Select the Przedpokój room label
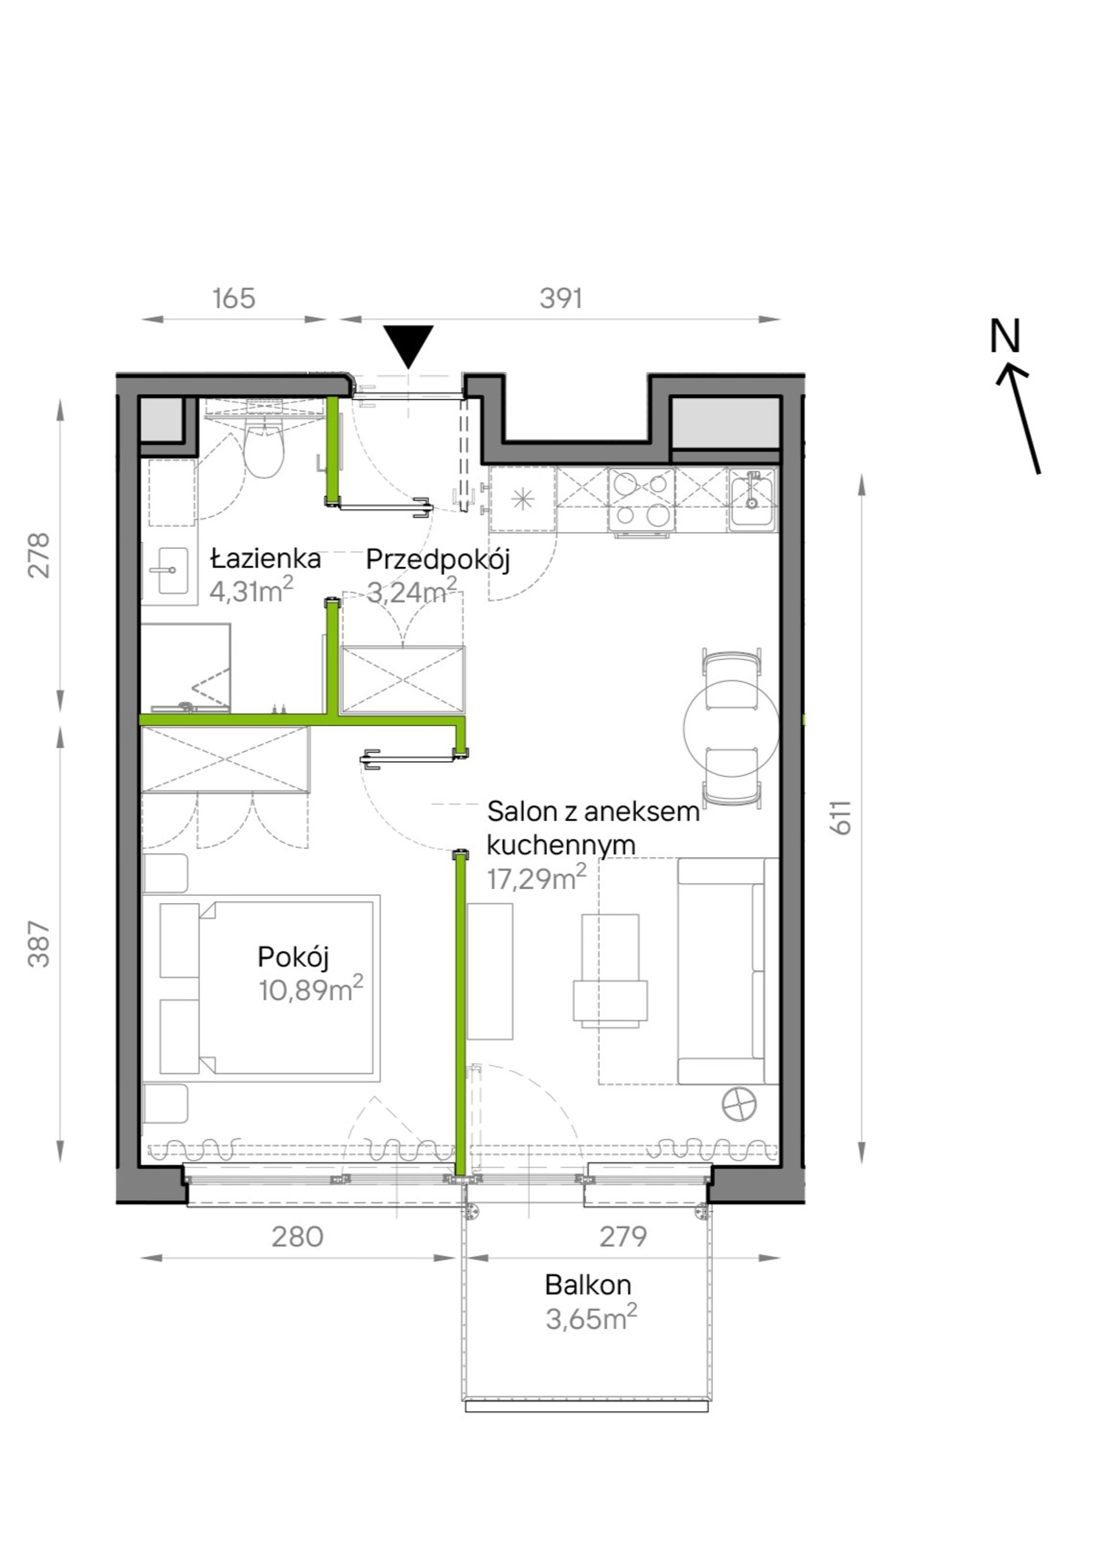pyautogui.click(x=438, y=560)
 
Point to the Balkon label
pyautogui.click(x=588, y=1284)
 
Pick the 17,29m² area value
pyautogui.click(x=536, y=877)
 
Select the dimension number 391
pyautogui.click(x=561, y=298)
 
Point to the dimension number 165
pyautogui.click(x=234, y=298)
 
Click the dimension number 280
pyautogui.click(x=297, y=1236)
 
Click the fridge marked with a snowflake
pyautogui.click(x=522, y=499)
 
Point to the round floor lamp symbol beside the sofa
pyautogui.click(x=739, y=1105)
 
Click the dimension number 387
pyautogui.click(x=39, y=944)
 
